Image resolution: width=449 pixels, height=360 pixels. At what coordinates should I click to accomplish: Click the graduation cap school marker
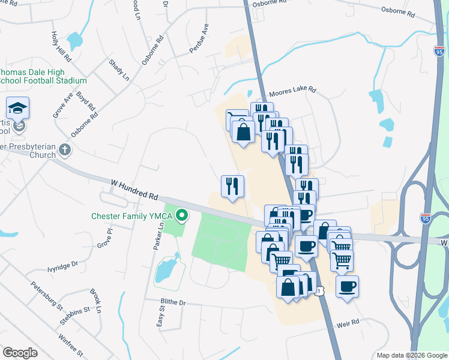click(x=18, y=109)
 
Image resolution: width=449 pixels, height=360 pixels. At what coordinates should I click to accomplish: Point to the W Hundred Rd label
click(x=134, y=188)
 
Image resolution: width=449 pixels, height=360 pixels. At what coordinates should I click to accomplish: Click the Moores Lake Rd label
click(x=292, y=91)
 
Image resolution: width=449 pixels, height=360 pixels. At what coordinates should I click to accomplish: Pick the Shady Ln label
click(x=118, y=70)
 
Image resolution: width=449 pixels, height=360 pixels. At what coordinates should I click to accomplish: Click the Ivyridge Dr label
click(x=58, y=264)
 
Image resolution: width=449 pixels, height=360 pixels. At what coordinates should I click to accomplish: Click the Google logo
click(x=20, y=353)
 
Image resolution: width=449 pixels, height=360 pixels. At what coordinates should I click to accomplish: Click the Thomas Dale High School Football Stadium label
click(x=44, y=75)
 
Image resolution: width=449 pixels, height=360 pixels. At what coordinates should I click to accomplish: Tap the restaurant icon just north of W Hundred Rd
click(x=232, y=186)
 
